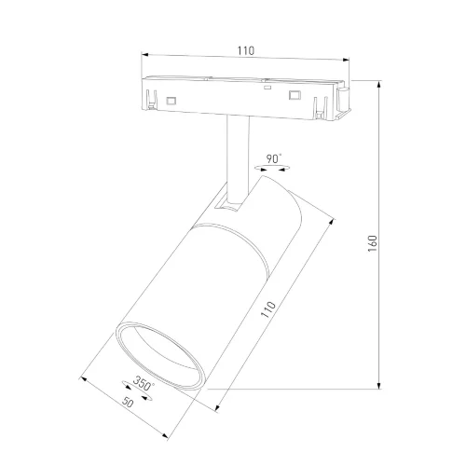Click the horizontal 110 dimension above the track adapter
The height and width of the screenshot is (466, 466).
[x=245, y=50]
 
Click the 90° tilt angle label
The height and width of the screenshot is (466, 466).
[x=274, y=158]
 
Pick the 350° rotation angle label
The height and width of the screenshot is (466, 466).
[x=143, y=383]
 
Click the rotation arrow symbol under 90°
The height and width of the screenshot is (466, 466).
[x=273, y=168]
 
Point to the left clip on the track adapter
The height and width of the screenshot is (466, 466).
[x=149, y=96]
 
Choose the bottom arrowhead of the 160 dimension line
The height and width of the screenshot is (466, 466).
[x=380, y=385]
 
